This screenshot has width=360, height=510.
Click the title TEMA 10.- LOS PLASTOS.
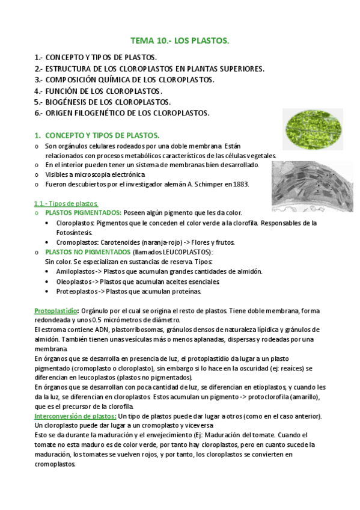[x=180, y=41]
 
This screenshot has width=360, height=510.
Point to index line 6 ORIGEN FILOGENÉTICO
[x=122, y=113]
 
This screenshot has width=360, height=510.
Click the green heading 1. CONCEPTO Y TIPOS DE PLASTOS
[x=97, y=136]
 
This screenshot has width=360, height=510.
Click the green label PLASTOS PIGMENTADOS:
[x=83, y=213]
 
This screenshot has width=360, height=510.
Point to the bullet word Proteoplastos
[x=76, y=291]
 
